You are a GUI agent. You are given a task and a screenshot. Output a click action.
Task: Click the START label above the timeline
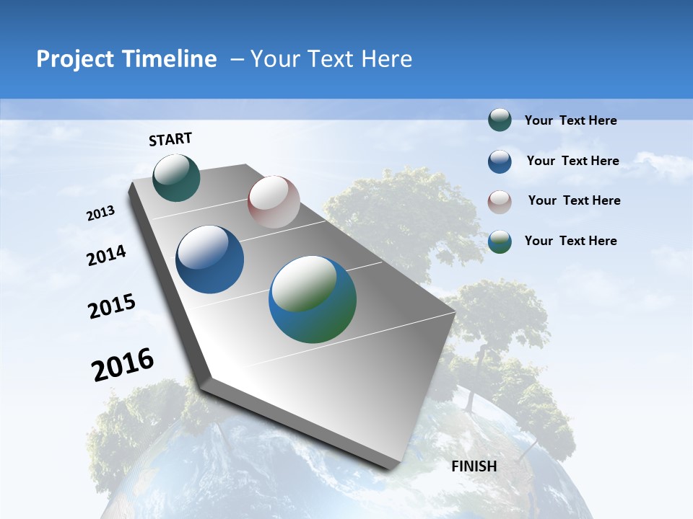click(170, 139)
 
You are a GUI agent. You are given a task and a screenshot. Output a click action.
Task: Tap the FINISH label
click(474, 466)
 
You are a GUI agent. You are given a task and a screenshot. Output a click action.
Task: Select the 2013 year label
click(101, 213)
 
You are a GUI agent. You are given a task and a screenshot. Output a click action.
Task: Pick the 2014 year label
click(107, 256)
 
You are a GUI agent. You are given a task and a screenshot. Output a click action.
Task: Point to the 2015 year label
click(112, 306)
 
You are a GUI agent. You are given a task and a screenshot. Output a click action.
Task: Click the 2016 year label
click(123, 365)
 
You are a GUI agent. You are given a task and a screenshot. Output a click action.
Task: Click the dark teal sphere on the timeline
click(176, 177)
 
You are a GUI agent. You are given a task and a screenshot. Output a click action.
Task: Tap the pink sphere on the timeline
click(274, 202)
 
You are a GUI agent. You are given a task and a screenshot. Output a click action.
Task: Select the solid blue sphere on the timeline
click(210, 259)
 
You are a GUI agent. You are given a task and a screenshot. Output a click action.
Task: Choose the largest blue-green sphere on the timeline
click(313, 299)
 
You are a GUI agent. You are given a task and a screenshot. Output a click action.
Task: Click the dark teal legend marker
click(500, 120)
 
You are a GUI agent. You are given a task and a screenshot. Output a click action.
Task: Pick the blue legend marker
click(500, 161)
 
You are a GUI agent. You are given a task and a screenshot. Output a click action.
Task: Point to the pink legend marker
click(500, 202)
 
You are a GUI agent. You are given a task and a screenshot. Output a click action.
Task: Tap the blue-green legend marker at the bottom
click(500, 241)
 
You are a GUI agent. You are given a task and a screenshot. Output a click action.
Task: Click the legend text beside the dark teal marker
click(570, 121)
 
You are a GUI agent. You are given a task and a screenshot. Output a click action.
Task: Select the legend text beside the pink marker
click(574, 200)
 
